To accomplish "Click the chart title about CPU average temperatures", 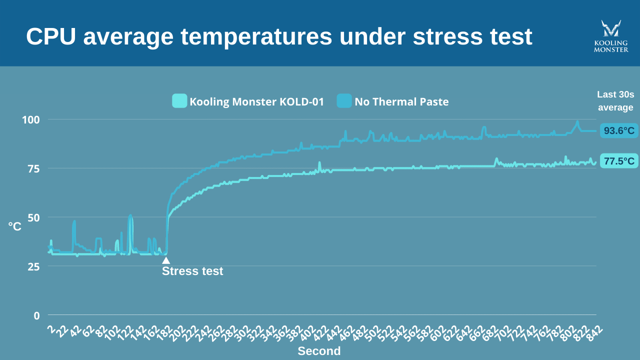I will pyautogui.click(x=279, y=36).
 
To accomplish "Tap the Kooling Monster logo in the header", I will pyautogui.click(x=610, y=36).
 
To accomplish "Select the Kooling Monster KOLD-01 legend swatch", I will pyautogui.click(x=179, y=101).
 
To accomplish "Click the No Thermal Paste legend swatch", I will pyautogui.click(x=344, y=101).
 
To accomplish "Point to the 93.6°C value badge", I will pyautogui.click(x=619, y=131).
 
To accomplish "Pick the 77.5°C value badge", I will pyautogui.click(x=619, y=161).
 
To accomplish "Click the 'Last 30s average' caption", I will pyautogui.click(x=615, y=101).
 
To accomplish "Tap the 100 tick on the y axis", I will pyautogui.click(x=30, y=120).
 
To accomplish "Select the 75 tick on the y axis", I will pyautogui.click(x=33, y=168).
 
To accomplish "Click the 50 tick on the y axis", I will pyautogui.click(x=33, y=217).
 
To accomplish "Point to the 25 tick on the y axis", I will pyautogui.click(x=33, y=266).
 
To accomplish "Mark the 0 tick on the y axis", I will pyautogui.click(x=36, y=315).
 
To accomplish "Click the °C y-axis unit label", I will pyautogui.click(x=15, y=226).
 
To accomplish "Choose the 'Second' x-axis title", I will pyautogui.click(x=319, y=351).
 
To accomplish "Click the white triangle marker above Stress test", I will pyautogui.click(x=166, y=260).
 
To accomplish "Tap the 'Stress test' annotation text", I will pyautogui.click(x=192, y=271).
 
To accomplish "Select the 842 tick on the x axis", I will pyautogui.click(x=594, y=332).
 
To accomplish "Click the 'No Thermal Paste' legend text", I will pyautogui.click(x=401, y=102).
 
